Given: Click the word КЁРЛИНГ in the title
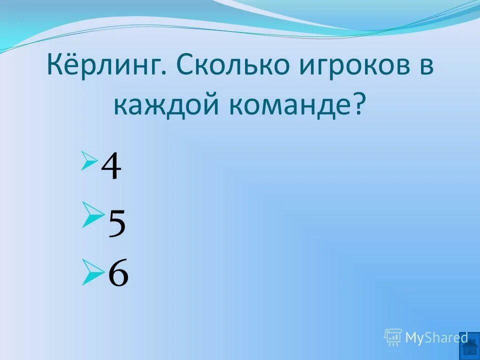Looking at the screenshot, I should (105, 67).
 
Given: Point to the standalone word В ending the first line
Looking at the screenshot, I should (426, 67).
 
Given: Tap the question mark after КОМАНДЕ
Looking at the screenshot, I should (358, 105).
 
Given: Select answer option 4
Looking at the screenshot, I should (111, 167).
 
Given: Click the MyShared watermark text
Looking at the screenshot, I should (436, 338).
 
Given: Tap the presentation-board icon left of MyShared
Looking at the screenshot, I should (393, 337).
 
